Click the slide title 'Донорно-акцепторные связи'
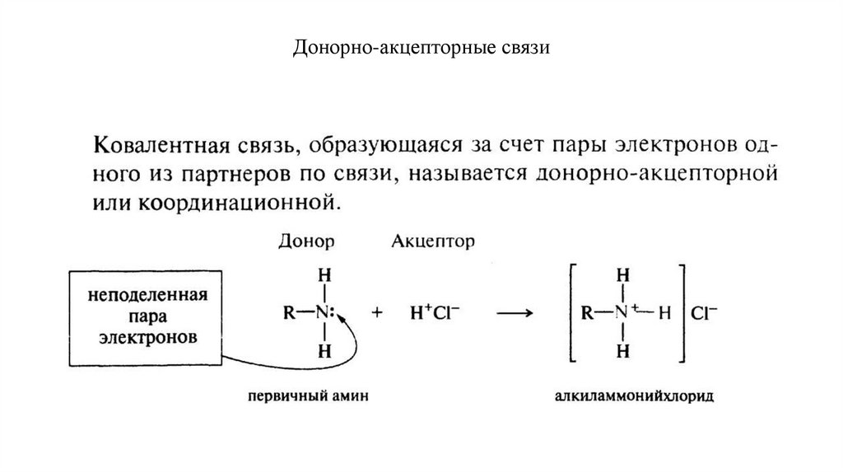tap(421, 49)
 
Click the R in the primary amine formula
tap(287, 314)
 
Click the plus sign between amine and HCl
tap(379, 314)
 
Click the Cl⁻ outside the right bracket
tap(706, 313)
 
